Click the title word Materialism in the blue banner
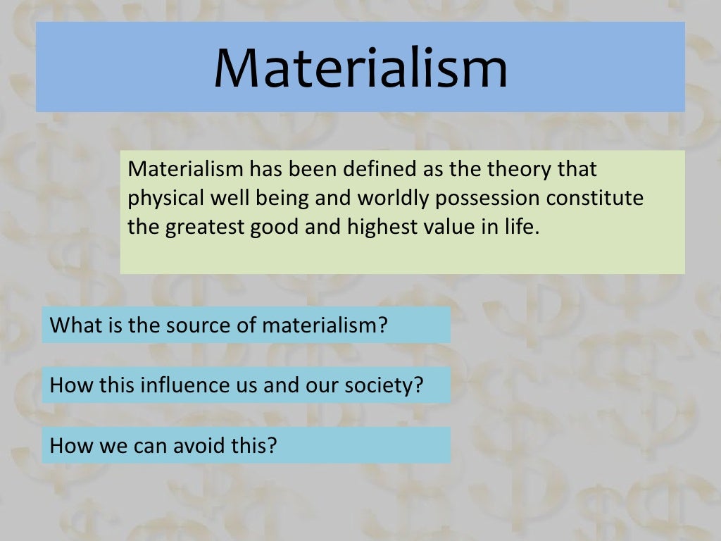click(360, 68)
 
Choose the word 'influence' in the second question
click(184, 385)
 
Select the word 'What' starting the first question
click(72, 325)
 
